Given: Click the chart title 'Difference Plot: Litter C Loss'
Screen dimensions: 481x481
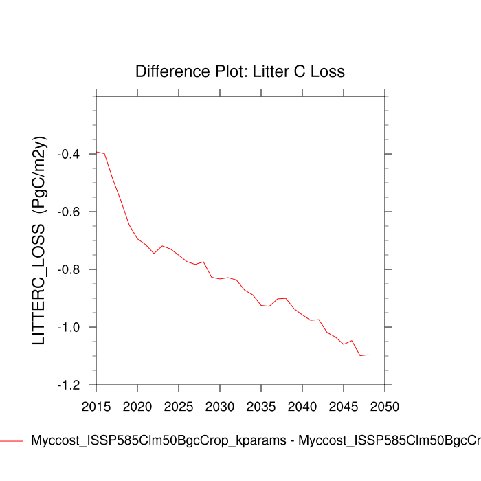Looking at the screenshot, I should (240, 71).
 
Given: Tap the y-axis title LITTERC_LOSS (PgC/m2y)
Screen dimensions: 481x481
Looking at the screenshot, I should (39, 240).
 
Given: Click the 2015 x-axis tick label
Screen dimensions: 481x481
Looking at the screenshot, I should (96, 406).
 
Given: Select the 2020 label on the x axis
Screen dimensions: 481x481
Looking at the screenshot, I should (137, 406).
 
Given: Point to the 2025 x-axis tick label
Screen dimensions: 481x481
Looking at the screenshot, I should (179, 406).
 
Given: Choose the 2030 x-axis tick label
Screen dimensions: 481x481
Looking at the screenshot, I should (220, 406).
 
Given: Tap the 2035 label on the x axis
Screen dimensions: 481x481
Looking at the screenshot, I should (261, 406).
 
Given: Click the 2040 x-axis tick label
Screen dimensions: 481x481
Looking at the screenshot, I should (302, 406).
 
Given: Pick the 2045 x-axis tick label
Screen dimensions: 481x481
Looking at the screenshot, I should (344, 406).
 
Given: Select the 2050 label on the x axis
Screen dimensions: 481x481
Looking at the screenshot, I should (385, 406).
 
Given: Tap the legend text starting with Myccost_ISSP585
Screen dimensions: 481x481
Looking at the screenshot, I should (254, 440).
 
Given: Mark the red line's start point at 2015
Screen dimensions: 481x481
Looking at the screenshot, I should (96, 152).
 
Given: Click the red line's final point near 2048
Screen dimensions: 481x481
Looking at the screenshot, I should (368, 355).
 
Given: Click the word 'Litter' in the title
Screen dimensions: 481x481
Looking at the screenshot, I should (261, 71).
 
